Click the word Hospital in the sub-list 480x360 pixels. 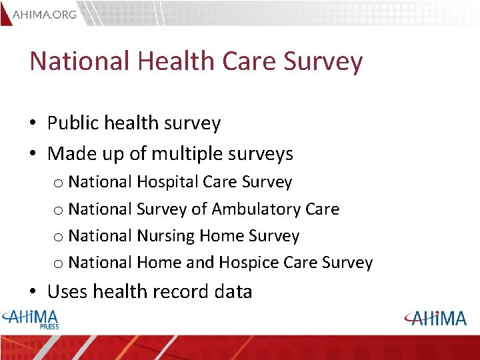tap(167, 182)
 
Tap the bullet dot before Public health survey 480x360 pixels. tap(34, 124)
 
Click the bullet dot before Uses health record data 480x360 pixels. tap(34, 292)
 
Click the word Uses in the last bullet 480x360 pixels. tap(68, 291)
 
